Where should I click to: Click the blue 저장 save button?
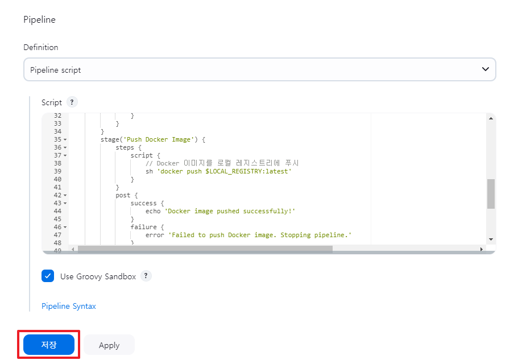pyautogui.click(x=49, y=345)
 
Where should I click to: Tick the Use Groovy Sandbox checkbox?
pyautogui.click(x=48, y=276)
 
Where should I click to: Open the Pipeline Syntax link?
pyautogui.click(x=69, y=306)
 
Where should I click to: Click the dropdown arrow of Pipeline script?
pyautogui.click(x=485, y=69)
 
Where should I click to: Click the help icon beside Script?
pyautogui.click(x=72, y=102)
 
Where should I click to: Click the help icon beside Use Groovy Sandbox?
pyautogui.click(x=146, y=276)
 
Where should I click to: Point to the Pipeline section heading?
pyautogui.click(x=39, y=19)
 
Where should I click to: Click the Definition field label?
pyautogui.click(x=40, y=47)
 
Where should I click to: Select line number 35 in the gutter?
pyautogui.click(x=57, y=139)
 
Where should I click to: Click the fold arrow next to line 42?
pyautogui.click(x=65, y=195)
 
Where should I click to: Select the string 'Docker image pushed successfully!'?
pyautogui.click(x=230, y=211)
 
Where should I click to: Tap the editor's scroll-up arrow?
pyautogui.click(x=491, y=118)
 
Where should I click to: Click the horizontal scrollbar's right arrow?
pyautogui.click(x=481, y=249)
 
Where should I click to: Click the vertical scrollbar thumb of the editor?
pyautogui.click(x=491, y=193)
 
